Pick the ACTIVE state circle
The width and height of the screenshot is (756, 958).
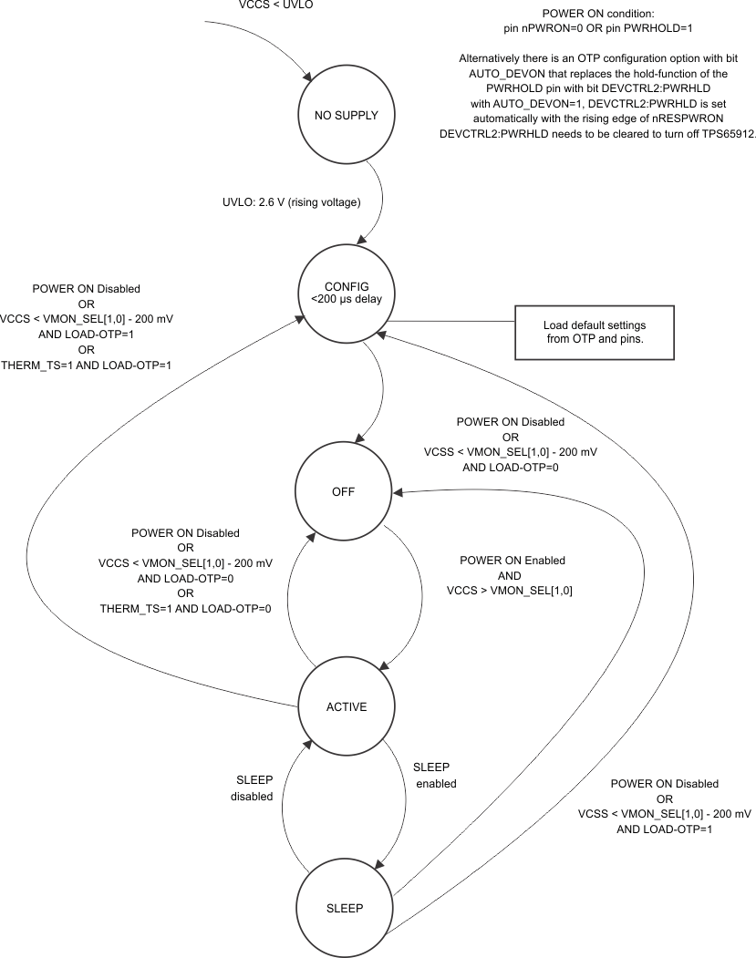[x=346, y=706]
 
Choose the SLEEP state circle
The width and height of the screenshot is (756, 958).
[x=345, y=908]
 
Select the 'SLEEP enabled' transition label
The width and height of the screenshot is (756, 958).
[x=434, y=775]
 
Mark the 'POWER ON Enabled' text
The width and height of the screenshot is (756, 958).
[x=512, y=560]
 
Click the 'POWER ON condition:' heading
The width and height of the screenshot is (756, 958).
[x=597, y=14]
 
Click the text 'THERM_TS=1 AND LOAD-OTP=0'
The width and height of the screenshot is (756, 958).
[x=185, y=609]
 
